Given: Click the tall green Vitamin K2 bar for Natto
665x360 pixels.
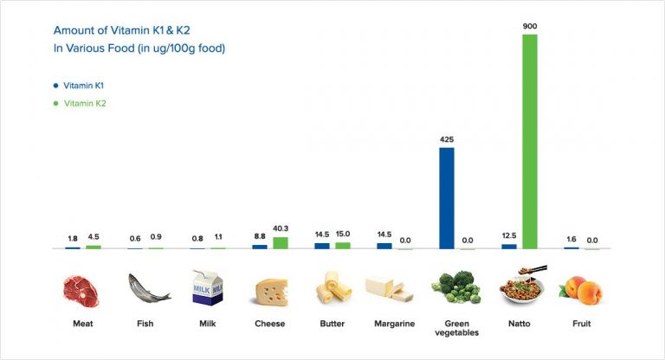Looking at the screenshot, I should tap(530, 142).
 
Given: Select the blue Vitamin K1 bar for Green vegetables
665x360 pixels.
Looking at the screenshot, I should tap(447, 198).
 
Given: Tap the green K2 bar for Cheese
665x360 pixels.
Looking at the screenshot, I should tap(281, 243).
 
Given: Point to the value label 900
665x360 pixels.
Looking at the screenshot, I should tap(530, 26).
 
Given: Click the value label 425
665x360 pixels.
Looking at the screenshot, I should tap(447, 139).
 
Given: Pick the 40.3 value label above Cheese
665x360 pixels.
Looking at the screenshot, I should tap(281, 228).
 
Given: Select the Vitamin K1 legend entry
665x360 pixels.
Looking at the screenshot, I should tap(84, 86).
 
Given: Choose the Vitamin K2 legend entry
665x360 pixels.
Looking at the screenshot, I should tap(84, 103).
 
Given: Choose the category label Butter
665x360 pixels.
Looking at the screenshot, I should tap(332, 324).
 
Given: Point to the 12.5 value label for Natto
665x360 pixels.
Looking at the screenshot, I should tap(509, 236).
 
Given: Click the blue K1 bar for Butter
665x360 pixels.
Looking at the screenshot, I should tap(322, 246).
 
